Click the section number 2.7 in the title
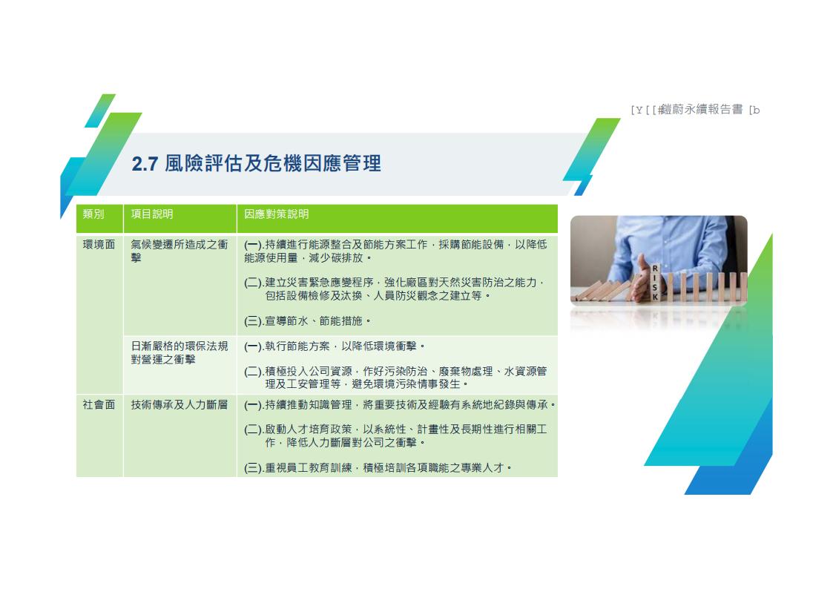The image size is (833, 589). pyautogui.click(x=145, y=164)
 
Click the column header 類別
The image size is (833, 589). pyautogui.click(x=93, y=214)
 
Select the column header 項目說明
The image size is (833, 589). pyautogui.click(x=152, y=214)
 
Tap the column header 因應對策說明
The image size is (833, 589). pyautogui.click(x=276, y=214)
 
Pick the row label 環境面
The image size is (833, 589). pyautogui.click(x=99, y=244)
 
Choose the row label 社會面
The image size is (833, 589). pyautogui.click(x=99, y=405)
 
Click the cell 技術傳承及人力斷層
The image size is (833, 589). pyautogui.click(x=180, y=405)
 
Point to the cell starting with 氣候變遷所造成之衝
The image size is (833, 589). pyautogui.click(x=180, y=251)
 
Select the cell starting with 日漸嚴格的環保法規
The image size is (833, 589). pyautogui.click(x=180, y=352)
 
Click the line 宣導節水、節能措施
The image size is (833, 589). pyautogui.click(x=308, y=320)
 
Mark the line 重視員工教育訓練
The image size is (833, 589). pyautogui.click(x=378, y=468)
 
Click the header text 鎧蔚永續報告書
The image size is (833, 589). pyautogui.click(x=700, y=109)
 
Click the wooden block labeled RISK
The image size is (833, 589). pyautogui.click(x=655, y=283)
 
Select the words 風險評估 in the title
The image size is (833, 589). pyautogui.click(x=203, y=164)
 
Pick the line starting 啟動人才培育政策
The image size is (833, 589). pyautogui.click(x=395, y=435)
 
